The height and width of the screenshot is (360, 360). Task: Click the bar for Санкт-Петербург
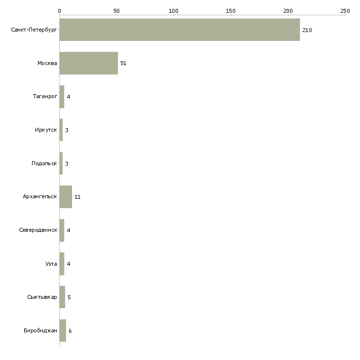(x=180, y=30)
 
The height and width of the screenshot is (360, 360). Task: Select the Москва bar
(x=89, y=63)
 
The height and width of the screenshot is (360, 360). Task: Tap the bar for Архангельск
(x=66, y=197)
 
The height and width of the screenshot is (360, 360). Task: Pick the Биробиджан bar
(x=63, y=330)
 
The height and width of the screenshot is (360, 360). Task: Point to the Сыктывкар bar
(x=62, y=297)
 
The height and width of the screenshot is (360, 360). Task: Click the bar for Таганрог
(x=62, y=97)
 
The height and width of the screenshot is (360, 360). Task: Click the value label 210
(x=307, y=30)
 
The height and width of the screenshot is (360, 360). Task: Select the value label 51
(x=123, y=63)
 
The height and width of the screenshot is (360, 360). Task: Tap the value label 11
(x=77, y=197)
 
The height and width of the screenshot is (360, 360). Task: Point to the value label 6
(x=70, y=331)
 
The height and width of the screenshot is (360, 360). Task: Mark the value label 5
(x=69, y=297)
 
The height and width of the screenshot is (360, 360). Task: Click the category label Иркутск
(x=46, y=130)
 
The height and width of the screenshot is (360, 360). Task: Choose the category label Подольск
(x=44, y=163)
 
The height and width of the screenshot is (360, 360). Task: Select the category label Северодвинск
(x=38, y=230)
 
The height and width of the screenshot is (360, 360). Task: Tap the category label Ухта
(x=51, y=264)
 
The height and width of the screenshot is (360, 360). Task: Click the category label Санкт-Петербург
(x=34, y=30)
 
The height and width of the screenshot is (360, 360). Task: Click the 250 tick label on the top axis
(x=345, y=11)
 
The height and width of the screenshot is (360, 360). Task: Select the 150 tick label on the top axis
(x=231, y=11)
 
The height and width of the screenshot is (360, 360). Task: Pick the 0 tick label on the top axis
(x=60, y=11)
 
